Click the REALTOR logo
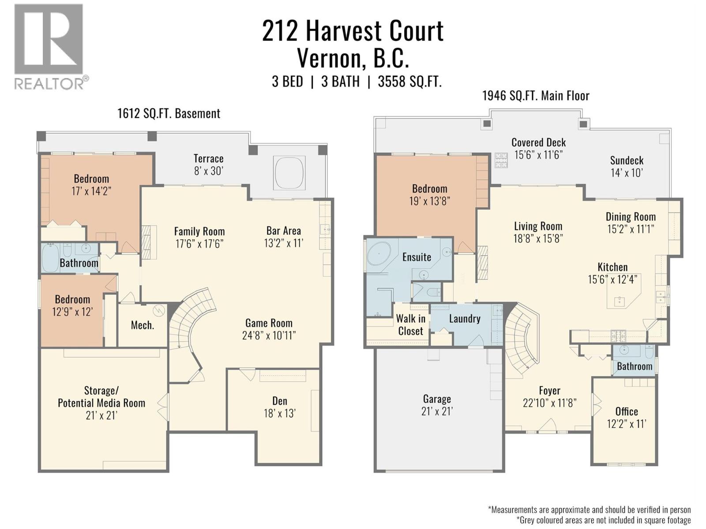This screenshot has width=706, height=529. click(49, 46)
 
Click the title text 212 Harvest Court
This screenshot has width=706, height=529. click(353, 31)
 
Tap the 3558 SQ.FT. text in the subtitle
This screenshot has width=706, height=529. click(409, 82)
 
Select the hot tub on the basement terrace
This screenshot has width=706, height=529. click(289, 172)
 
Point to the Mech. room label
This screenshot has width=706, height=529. click(142, 325)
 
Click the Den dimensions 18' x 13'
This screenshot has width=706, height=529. click(279, 414)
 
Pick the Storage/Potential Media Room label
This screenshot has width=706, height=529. click(101, 397)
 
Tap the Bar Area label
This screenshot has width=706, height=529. click(284, 231)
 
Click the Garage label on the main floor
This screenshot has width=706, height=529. click(437, 399)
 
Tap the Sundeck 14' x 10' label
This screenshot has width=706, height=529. click(627, 166)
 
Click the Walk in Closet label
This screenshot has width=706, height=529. click(410, 325)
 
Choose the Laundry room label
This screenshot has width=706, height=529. click(465, 319)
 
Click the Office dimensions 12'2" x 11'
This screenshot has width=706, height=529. click(626, 424)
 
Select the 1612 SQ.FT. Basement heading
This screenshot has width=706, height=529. click(169, 113)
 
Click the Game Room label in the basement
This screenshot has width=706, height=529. click(269, 323)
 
